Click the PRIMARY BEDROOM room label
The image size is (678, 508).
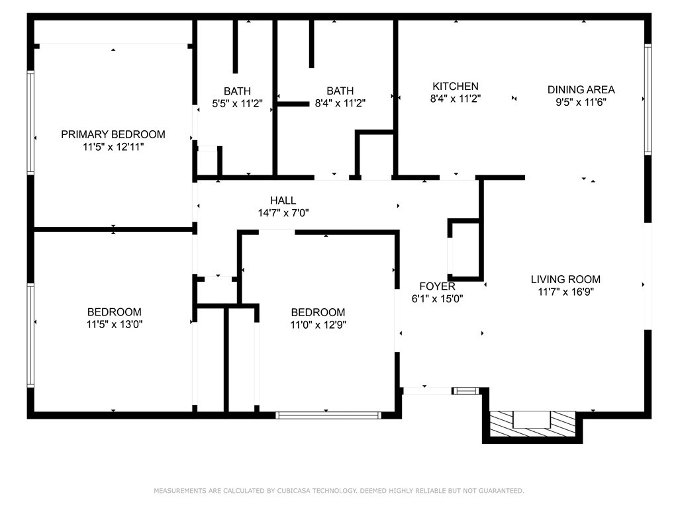(113, 134)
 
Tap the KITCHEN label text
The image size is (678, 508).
(456, 87)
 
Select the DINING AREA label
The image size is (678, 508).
(581, 90)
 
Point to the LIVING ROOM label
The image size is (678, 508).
(565, 280)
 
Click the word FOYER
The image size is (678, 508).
(437, 286)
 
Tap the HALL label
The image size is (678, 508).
(283, 200)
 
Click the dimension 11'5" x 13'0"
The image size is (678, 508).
(115, 324)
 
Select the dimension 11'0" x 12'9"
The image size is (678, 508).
(318, 325)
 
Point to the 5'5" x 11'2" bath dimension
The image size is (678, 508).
(238, 104)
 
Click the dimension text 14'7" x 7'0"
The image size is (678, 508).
(283, 213)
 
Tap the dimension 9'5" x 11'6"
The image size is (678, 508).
(581, 103)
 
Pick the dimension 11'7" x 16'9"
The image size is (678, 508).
(565, 292)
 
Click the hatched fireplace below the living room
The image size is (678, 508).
(532, 424)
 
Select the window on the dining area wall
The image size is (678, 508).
(648, 99)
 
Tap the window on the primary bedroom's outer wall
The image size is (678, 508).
(30, 122)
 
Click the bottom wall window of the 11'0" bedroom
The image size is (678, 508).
(328, 415)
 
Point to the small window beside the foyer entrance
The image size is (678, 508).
(465, 391)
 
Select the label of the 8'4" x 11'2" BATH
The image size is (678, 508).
(340, 91)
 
